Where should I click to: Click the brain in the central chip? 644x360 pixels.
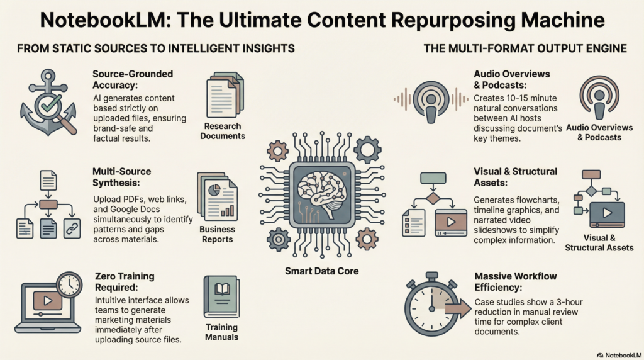click(322, 189)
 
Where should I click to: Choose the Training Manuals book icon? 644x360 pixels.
click(221, 296)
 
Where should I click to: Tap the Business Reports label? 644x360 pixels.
click(217, 234)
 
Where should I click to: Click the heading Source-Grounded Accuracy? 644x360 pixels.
click(131, 79)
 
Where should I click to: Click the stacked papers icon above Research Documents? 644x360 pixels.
click(225, 95)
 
